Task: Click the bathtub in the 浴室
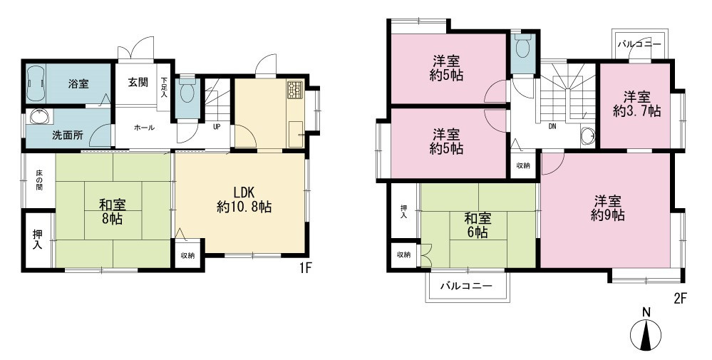click(x=36, y=83)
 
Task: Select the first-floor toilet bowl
click(x=187, y=93)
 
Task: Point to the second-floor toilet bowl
click(x=523, y=47)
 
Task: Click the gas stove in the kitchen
click(x=294, y=89)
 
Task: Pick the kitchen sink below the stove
click(x=295, y=134)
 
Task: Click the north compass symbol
click(x=646, y=332)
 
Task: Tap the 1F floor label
click(x=304, y=268)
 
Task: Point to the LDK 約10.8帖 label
click(x=244, y=200)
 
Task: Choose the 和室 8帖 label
click(x=113, y=212)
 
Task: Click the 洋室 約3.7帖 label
click(x=636, y=104)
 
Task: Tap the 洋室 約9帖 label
click(x=607, y=208)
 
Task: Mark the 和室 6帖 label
click(x=478, y=225)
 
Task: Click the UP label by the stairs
click(x=217, y=127)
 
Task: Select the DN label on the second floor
click(x=552, y=127)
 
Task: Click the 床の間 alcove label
click(x=39, y=180)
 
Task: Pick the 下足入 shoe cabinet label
click(x=163, y=88)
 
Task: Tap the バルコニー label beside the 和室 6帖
click(x=466, y=286)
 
